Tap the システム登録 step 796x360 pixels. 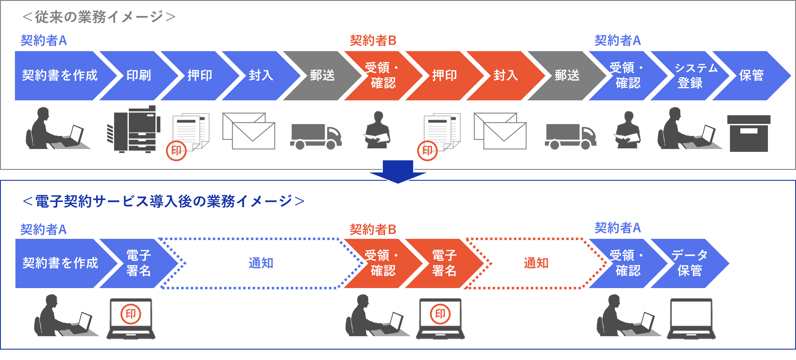coord(692,75)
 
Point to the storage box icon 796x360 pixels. coord(748,133)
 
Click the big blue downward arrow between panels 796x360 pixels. coord(398,171)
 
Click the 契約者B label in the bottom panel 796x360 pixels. coord(373,229)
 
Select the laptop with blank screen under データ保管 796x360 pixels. coord(691,318)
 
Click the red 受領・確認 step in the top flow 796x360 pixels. coord(382,75)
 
